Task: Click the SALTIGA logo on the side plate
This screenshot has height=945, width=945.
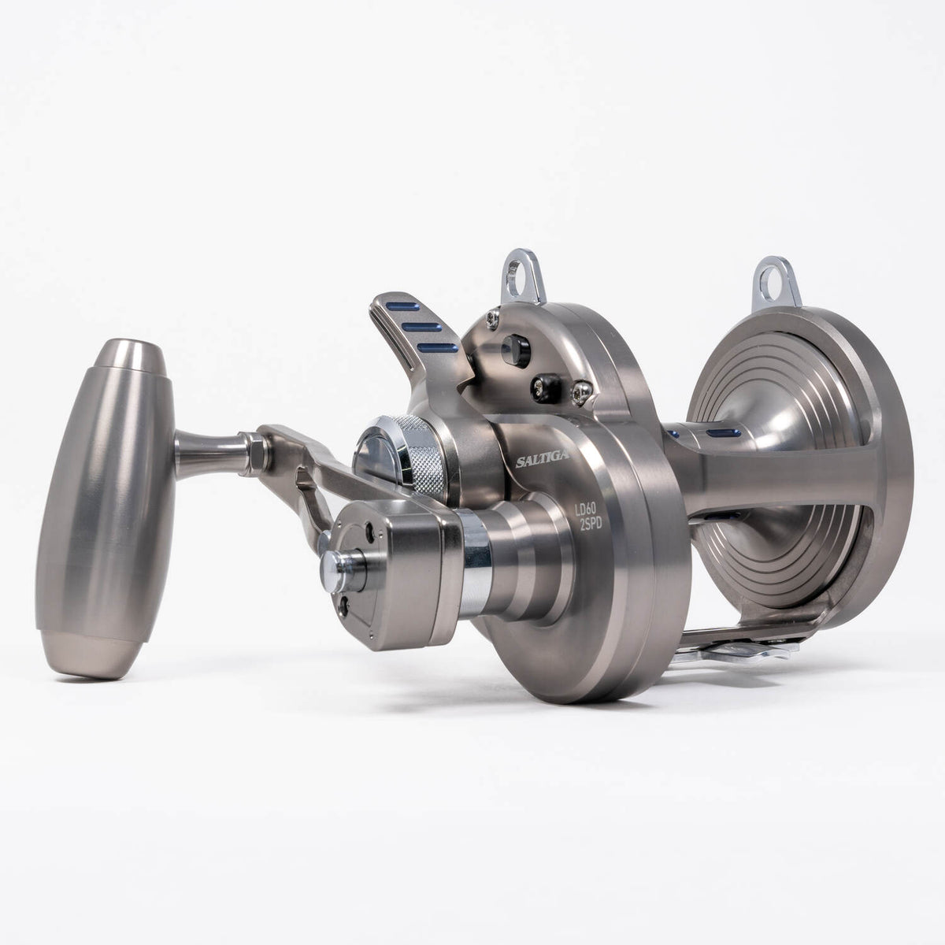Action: tap(543, 459)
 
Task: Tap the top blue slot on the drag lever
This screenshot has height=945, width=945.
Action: tap(402, 306)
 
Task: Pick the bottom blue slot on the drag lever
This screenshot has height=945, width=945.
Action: tap(437, 349)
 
